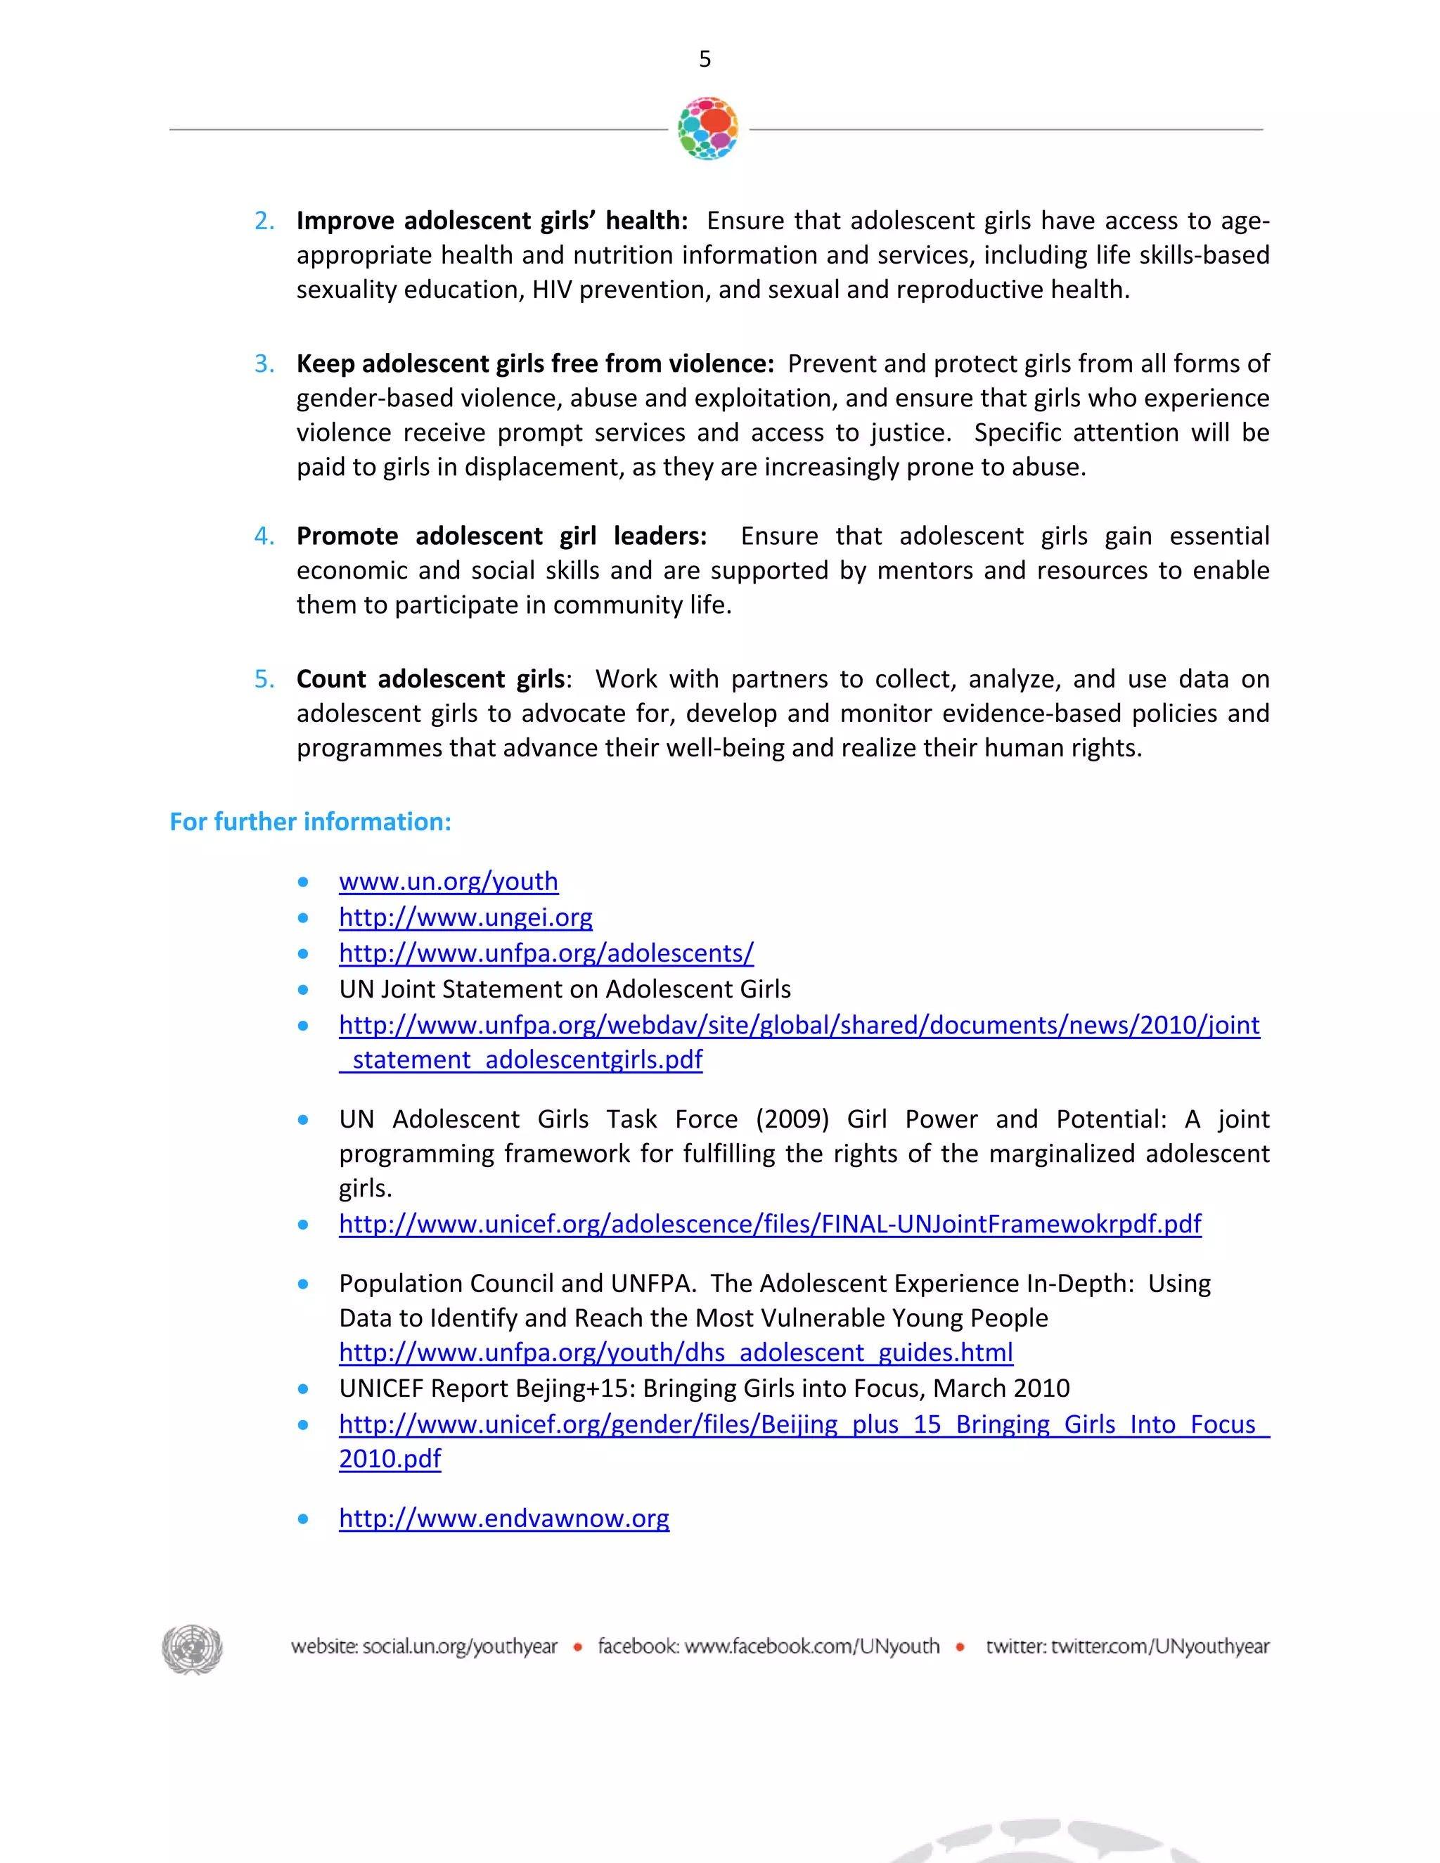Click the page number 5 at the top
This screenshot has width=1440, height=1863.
[705, 59]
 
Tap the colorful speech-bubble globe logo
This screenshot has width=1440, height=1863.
[707, 129]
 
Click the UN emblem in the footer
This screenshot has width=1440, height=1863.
[192, 1648]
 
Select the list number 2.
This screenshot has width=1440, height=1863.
[264, 221]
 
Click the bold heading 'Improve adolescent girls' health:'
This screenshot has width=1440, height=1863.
[491, 221]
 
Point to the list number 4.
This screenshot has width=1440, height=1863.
[264, 536]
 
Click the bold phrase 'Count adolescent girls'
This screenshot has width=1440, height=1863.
[431, 679]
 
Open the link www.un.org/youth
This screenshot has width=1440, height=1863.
[448, 881]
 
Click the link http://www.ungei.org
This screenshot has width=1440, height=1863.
[465, 917]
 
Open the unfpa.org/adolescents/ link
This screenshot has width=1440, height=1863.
[546, 953]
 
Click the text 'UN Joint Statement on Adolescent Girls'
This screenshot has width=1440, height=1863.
[564, 988]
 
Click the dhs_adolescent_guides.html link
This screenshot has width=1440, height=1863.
[676, 1352]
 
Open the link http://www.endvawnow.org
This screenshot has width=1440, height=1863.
[503, 1519]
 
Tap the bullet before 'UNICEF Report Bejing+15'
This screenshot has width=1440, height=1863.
[303, 1388]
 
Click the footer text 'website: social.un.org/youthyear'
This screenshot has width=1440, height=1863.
[424, 1646]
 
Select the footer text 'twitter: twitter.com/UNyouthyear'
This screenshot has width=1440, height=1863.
[1127, 1646]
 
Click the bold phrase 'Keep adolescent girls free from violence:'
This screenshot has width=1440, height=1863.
[535, 364]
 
